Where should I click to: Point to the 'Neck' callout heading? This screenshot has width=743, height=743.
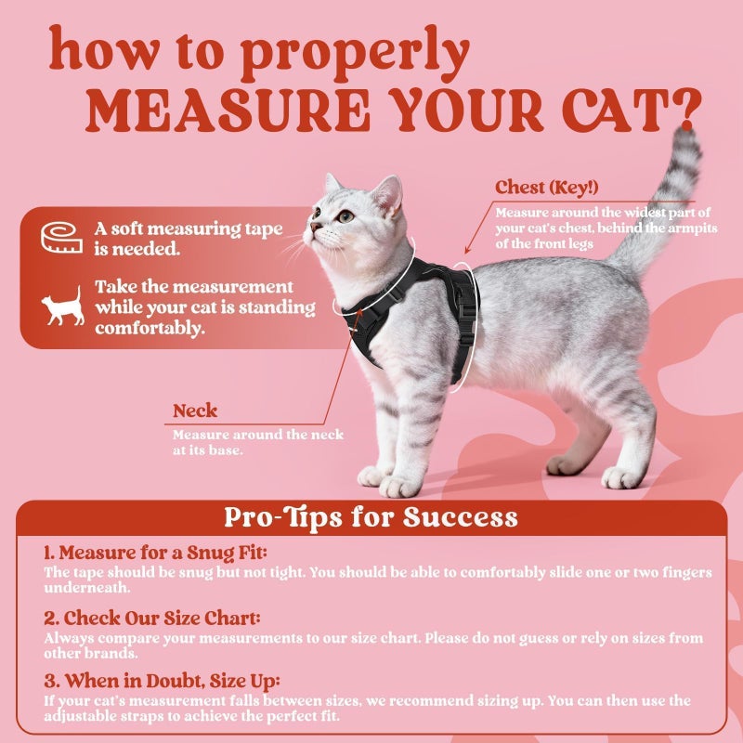pyautogui.click(x=195, y=411)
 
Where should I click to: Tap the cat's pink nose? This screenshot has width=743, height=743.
pyautogui.click(x=313, y=226)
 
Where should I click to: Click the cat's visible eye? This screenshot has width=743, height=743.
pyautogui.click(x=345, y=215)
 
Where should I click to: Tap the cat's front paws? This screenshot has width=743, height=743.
pyautogui.click(x=390, y=481)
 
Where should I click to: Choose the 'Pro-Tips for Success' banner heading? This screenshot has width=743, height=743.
pyautogui.click(x=371, y=517)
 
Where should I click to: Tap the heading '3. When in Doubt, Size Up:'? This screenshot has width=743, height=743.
pyautogui.click(x=162, y=681)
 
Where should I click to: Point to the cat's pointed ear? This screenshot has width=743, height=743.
pyautogui.click(x=388, y=190)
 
